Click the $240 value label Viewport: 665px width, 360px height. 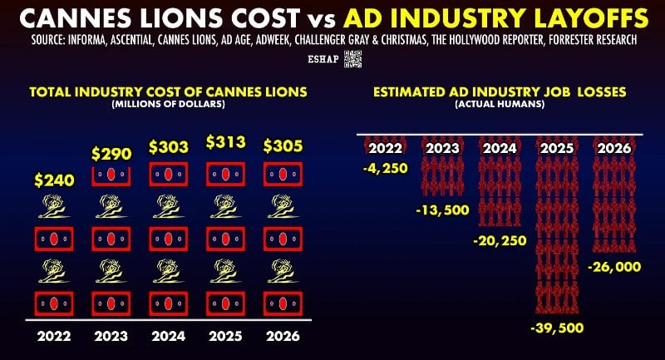coord(54,180)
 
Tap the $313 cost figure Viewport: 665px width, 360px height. coord(225,141)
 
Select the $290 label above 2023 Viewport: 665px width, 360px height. coord(111,154)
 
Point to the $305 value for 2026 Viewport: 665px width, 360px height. coord(283,145)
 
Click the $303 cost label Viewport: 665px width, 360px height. coord(169,147)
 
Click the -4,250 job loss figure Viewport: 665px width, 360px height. coord(385,168)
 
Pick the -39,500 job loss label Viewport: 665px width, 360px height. coord(557,328)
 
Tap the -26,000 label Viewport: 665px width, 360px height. coord(614,267)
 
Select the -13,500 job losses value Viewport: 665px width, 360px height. coord(442,210)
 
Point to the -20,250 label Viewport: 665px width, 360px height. coord(500,241)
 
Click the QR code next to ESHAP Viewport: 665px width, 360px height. coord(352,59)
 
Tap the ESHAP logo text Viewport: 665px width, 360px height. coord(323,59)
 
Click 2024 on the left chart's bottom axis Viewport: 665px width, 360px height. coord(169,336)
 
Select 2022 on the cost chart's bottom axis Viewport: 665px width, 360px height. coord(54,336)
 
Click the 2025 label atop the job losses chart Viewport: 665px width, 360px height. coord(557,148)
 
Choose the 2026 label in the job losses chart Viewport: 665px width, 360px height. coord(614,148)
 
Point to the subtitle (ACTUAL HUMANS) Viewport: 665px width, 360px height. coord(500,104)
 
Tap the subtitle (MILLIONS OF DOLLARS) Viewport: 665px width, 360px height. coord(169,104)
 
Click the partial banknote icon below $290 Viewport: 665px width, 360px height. coord(111,176)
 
